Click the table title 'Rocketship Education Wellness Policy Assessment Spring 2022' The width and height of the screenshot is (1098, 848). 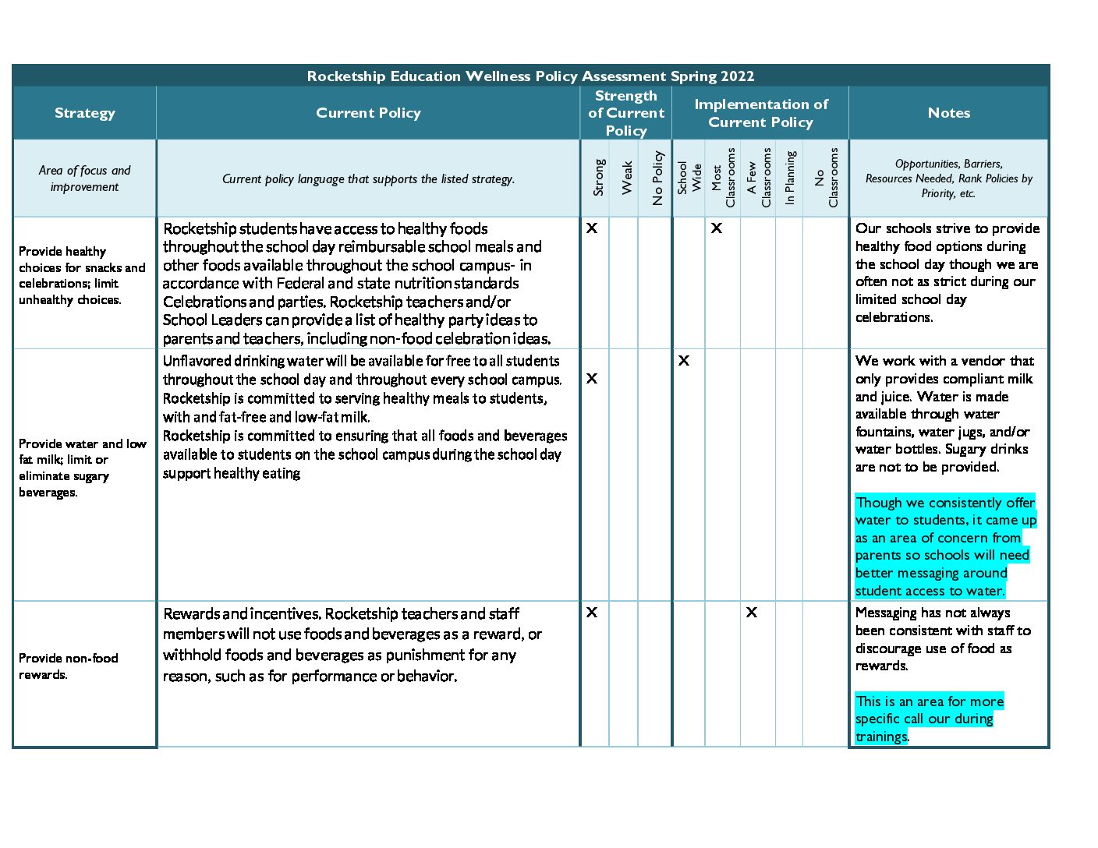530,76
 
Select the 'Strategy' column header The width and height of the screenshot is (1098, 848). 84,113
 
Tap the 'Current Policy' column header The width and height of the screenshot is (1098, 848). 368,113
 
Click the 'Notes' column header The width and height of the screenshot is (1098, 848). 948,113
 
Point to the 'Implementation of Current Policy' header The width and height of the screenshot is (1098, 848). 760,113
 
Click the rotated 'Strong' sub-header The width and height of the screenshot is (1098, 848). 599,178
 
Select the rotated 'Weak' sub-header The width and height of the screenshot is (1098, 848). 627,178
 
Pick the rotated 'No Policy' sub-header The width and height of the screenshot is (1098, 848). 657,178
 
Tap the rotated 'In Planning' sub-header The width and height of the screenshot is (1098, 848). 790,178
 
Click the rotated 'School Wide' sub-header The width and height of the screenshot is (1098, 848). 689,178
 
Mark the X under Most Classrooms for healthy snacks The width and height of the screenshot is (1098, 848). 716,228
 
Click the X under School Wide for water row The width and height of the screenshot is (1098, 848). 684,361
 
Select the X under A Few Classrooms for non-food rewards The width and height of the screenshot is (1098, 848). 751,613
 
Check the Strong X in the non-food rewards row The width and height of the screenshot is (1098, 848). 592,613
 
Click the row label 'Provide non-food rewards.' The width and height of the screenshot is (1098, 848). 69,666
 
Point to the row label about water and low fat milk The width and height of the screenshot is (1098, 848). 82,468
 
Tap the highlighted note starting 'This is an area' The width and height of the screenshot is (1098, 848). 928,719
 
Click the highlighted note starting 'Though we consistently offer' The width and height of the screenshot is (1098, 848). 945,546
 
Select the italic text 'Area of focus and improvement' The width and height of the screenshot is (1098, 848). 84,178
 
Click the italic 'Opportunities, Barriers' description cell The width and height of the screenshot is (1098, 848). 948,178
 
